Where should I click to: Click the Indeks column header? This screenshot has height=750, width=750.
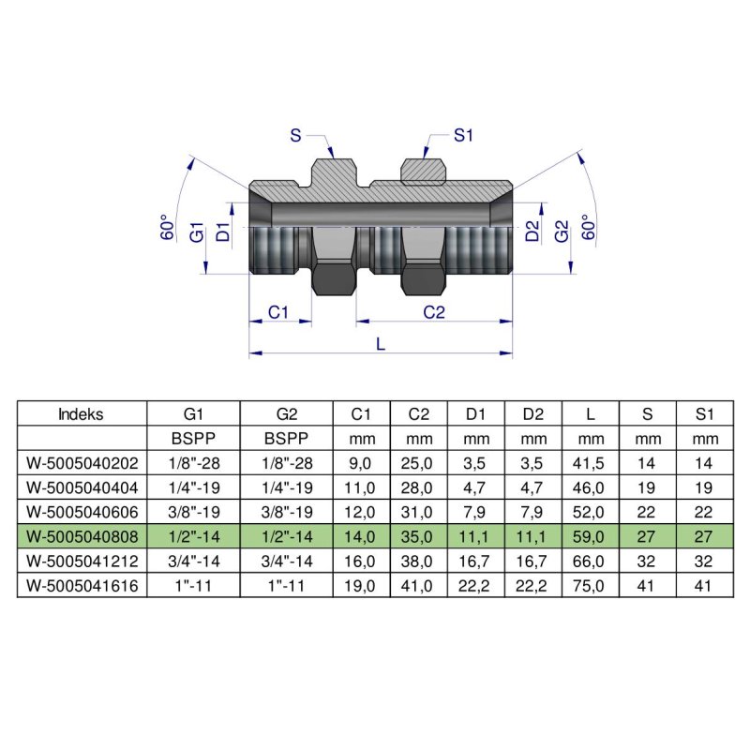[x=81, y=413]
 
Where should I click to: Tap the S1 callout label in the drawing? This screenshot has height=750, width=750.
[x=463, y=136]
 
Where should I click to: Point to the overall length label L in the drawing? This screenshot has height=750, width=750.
[x=380, y=343]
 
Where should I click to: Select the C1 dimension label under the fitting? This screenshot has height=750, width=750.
[x=277, y=311]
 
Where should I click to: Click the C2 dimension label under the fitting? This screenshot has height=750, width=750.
[x=433, y=311]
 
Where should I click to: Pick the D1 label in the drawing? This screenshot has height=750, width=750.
[x=222, y=232]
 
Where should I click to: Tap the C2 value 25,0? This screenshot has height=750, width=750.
[x=419, y=462]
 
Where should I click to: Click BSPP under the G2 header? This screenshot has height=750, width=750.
[x=286, y=438]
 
